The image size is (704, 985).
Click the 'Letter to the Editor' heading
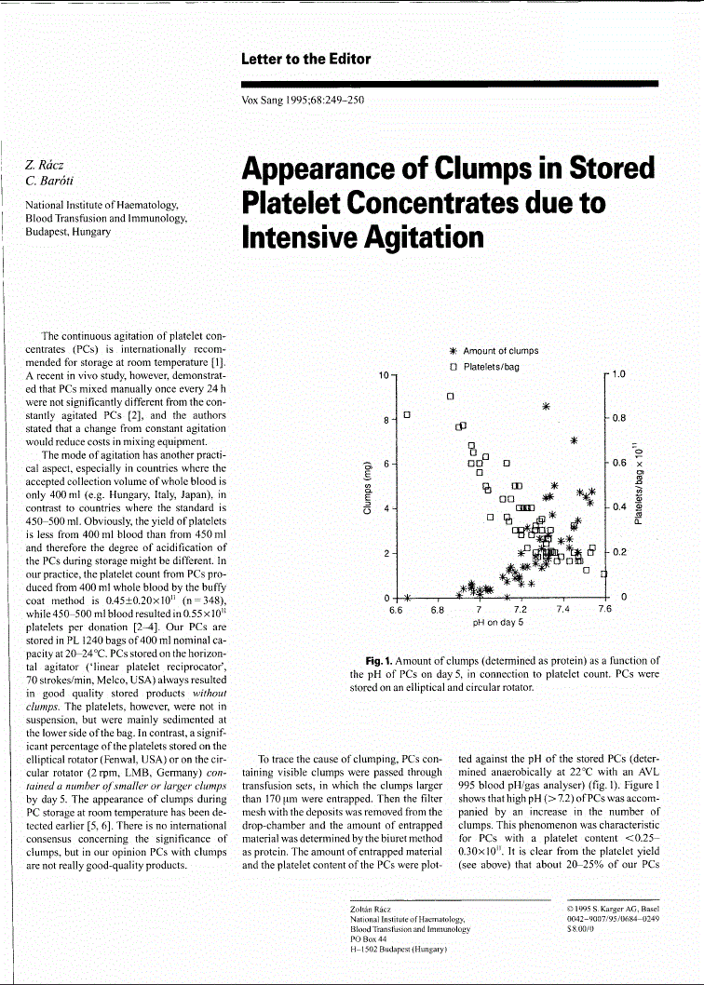305,59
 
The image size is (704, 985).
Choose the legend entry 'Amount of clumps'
500,351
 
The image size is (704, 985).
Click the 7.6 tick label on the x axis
604,610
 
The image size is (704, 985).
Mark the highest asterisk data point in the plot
547,406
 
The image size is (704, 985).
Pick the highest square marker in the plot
450,395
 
